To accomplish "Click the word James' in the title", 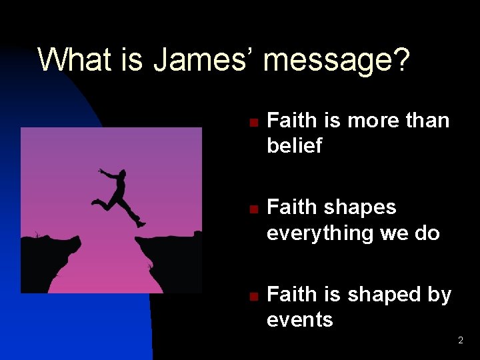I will pos(204,59).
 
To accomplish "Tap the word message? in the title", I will pos(337,61).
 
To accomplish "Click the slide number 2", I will pos(460,341).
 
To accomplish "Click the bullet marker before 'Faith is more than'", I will pos(253,123).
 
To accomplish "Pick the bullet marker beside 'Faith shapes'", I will pos(253,209).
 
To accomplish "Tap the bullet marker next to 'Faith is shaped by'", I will pos(253,296).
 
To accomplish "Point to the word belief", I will pos(294,146).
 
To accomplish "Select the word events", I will pos(299,320).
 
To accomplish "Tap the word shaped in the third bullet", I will pos(386,295).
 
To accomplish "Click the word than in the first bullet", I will pos(427,121).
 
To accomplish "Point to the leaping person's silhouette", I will pos(120,197).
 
